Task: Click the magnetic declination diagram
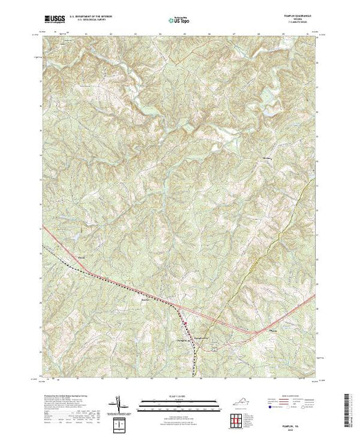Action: tap(119, 405)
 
